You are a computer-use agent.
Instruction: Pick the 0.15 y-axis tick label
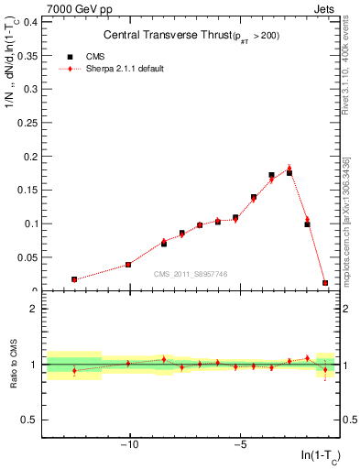(x=27, y=190)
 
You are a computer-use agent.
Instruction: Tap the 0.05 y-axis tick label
(x=27, y=257)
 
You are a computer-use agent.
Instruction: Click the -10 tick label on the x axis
(x=130, y=446)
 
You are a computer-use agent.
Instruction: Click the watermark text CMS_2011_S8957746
(x=190, y=274)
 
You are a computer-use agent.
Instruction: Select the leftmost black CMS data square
(x=74, y=279)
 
